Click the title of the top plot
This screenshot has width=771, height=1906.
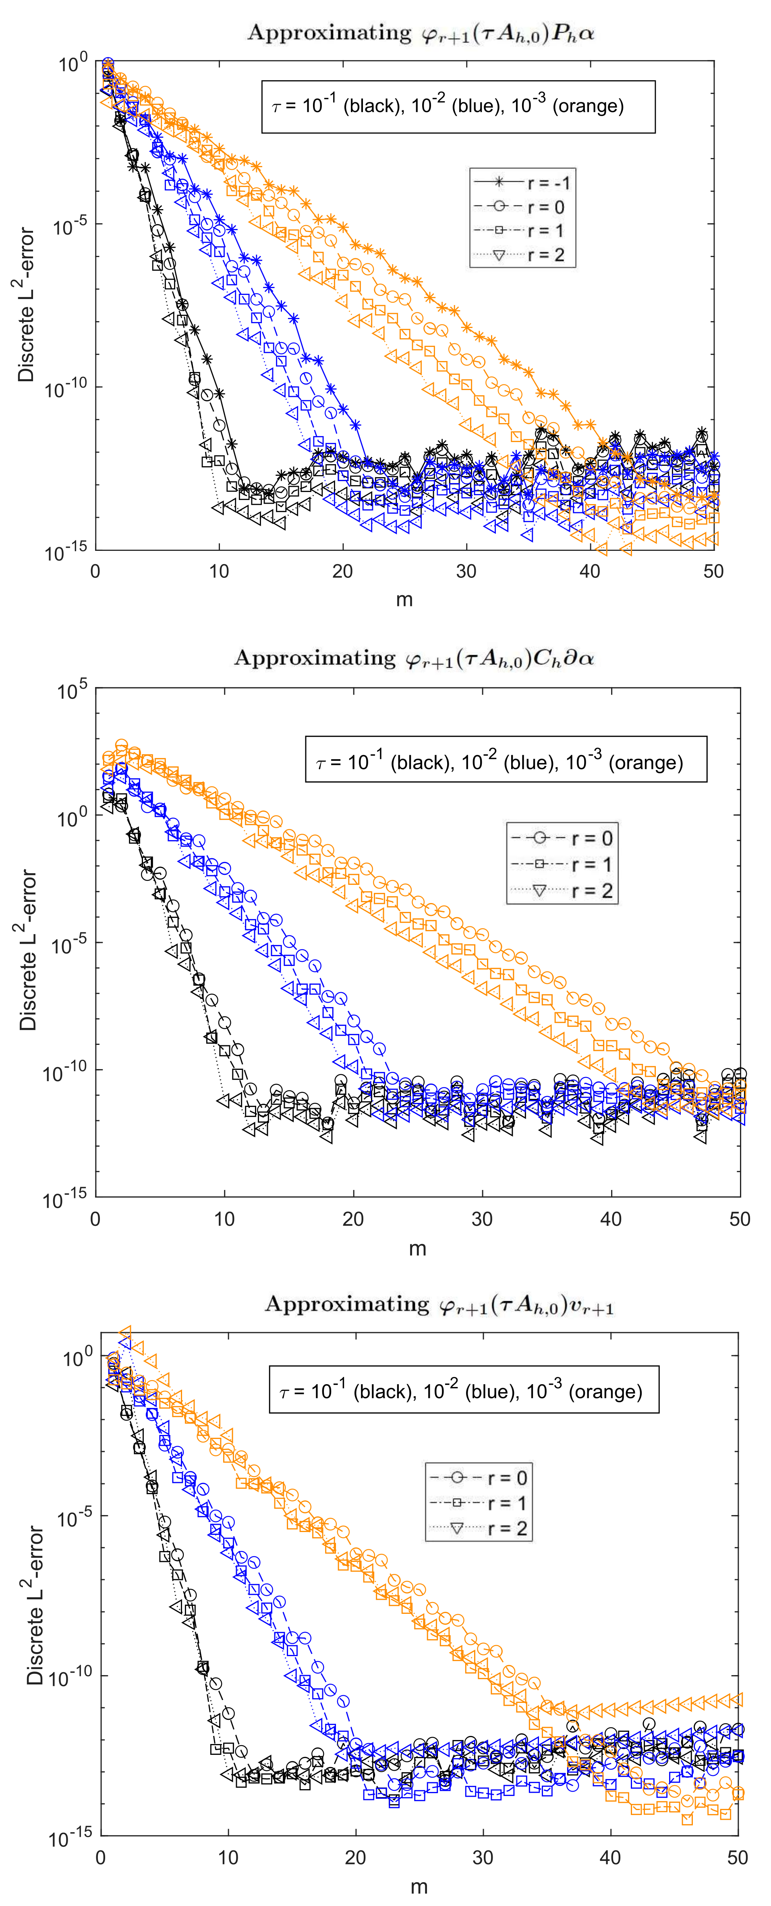pyautogui.click(x=420, y=33)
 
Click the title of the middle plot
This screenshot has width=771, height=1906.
pyautogui.click(x=415, y=658)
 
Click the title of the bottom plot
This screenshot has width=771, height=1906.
pyautogui.click(x=439, y=1304)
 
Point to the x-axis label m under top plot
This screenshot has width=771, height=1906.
pyautogui.click(x=404, y=599)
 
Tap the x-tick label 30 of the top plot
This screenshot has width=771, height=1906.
pyautogui.click(x=466, y=571)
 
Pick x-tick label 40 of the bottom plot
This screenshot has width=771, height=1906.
pyautogui.click(x=610, y=1857)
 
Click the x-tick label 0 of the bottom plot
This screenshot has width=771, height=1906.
pyautogui.click(x=101, y=1857)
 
